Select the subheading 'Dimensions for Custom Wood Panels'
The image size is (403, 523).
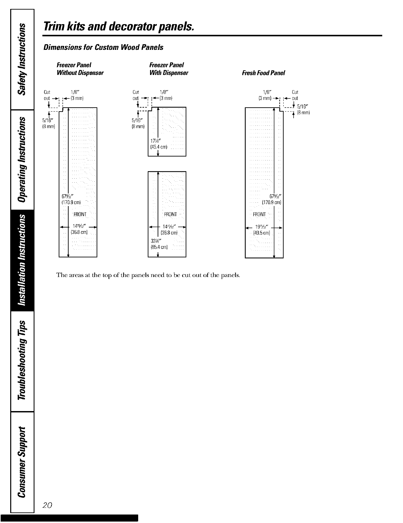(x=103, y=47)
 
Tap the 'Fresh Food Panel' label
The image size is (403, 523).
(x=263, y=73)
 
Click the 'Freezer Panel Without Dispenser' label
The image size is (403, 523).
(x=80, y=69)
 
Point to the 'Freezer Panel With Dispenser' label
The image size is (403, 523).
(x=169, y=69)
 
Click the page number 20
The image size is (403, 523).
(x=47, y=505)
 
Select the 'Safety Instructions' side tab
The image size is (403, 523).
(x=22, y=59)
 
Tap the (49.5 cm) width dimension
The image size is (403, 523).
(x=262, y=233)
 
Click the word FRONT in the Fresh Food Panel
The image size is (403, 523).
(x=259, y=215)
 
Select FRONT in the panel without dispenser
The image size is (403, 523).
(x=80, y=215)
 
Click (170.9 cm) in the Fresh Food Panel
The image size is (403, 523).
(x=271, y=202)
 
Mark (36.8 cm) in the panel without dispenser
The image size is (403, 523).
(x=79, y=232)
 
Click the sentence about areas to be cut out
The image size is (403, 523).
(x=148, y=275)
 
